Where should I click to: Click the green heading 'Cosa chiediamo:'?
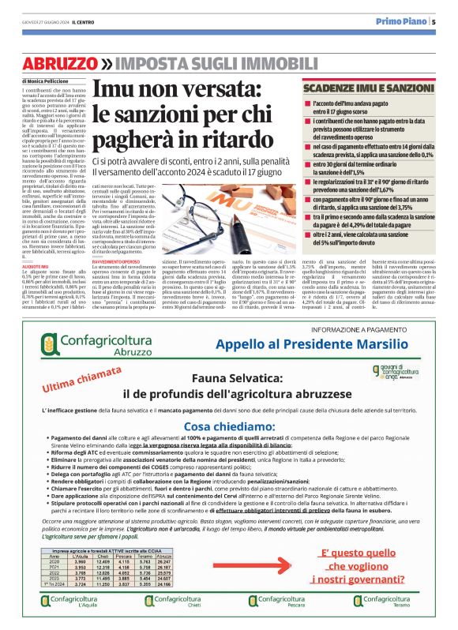229,425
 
